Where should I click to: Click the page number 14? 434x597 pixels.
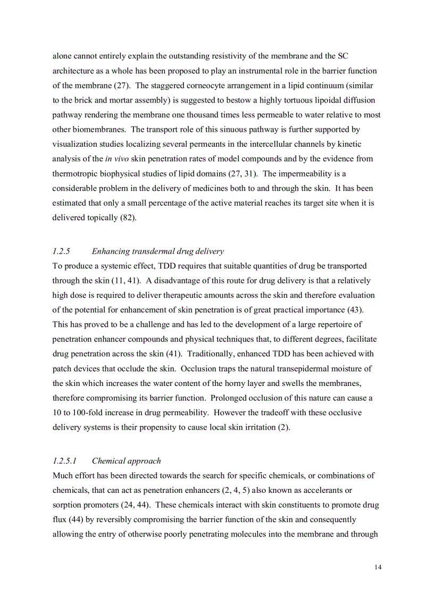coord(378,567)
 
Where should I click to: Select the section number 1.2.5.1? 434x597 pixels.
coord(66,461)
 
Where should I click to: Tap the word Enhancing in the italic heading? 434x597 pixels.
coord(110,251)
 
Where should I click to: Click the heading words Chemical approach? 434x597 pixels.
coord(126,461)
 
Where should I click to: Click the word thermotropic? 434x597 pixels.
coord(76,174)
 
